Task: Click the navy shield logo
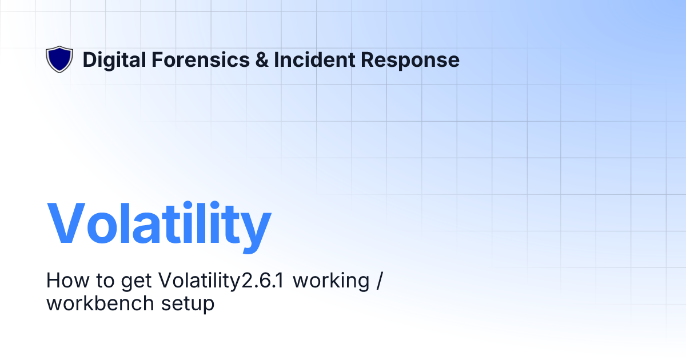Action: pyautogui.click(x=59, y=59)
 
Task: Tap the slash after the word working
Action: pyautogui.click(x=378, y=281)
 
